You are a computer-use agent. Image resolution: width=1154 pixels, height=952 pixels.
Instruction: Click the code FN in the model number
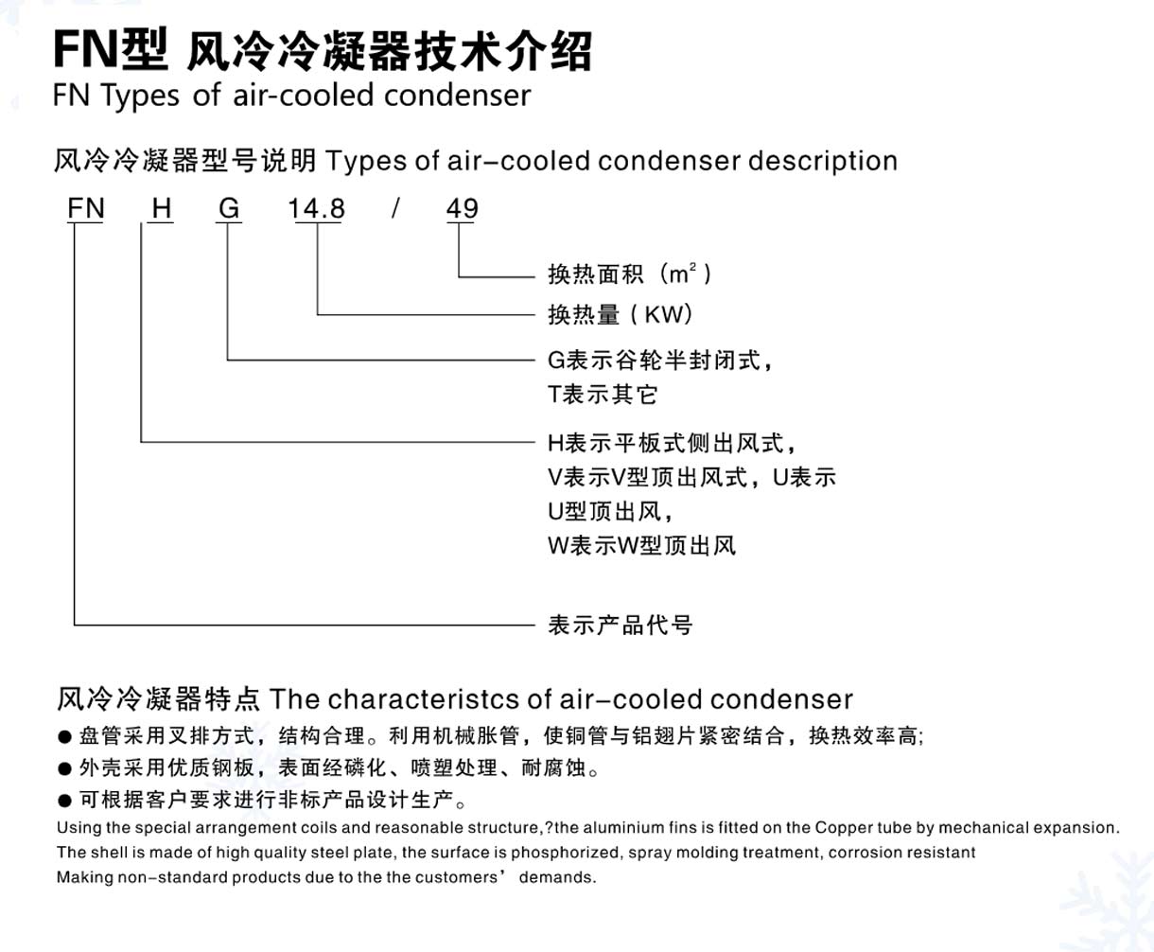[86, 208]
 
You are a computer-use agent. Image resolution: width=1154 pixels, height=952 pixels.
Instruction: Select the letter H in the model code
[162, 208]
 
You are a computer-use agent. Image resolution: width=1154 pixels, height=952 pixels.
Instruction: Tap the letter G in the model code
[229, 208]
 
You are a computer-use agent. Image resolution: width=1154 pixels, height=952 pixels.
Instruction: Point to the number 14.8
[317, 209]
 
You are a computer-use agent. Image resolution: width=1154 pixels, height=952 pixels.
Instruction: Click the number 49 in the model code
[462, 208]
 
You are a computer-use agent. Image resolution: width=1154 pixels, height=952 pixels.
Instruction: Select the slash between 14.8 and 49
[395, 208]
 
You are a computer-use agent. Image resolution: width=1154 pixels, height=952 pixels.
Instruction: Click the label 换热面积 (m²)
[629, 273]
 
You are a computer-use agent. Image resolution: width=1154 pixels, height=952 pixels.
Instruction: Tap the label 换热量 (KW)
[620, 314]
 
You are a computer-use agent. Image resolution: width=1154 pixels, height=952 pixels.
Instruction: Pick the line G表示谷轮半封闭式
[659, 361]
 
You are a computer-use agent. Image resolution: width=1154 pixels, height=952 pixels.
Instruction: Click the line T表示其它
[603, 395]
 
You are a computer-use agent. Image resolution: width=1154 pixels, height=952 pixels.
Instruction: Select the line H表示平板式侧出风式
[672, 443]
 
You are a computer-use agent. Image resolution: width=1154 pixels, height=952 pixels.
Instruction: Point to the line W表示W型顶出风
[641, 546]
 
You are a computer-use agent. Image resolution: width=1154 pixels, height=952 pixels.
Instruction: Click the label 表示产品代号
[621, 626]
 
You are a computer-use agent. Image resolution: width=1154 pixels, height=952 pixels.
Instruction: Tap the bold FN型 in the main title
[111, 50]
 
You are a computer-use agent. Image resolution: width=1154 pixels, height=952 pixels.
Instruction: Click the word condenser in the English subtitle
[458, 96]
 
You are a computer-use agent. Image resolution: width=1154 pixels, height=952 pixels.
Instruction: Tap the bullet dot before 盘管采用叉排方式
[64, 737]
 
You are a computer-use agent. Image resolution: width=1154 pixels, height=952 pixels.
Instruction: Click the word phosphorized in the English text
[565, 853]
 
